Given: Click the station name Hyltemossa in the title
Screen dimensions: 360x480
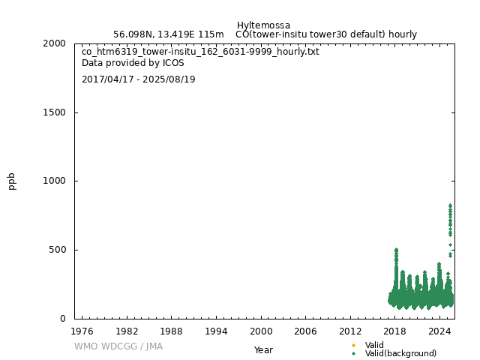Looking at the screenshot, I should point(263,25).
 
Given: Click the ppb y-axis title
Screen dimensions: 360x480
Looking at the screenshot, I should point(12,181).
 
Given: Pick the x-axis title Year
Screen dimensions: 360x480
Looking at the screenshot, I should point(263,350).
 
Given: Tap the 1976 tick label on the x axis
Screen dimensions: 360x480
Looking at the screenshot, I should point(82,331).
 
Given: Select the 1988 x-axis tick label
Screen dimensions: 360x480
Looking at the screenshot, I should point(171,331).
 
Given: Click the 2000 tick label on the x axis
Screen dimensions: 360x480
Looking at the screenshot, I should point(261,331).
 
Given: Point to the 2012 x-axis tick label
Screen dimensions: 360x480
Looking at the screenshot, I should point(350,331).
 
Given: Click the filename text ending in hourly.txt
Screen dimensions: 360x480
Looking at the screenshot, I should point(200,52).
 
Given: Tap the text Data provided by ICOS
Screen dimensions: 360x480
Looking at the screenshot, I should point(133,63).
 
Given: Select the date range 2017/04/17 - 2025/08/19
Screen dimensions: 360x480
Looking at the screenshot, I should point(138,79).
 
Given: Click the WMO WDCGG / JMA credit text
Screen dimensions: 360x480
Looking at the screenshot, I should point(118,346).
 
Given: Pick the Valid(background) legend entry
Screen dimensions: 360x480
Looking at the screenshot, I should point(400,353).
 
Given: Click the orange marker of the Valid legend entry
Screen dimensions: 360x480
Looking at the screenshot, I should point(353,345).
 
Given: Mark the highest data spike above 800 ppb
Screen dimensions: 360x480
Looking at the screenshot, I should point(450,205).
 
